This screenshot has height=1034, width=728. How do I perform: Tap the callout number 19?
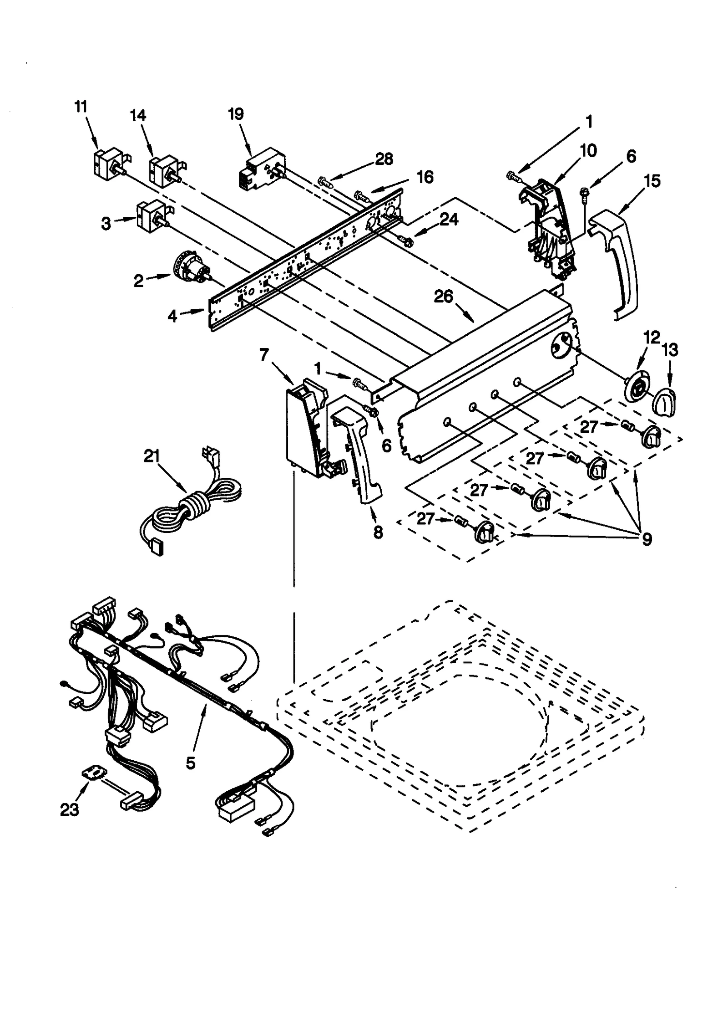click(236, 114)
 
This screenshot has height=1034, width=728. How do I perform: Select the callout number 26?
click(443, 297)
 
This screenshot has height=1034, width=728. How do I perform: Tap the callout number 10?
click(589, 150)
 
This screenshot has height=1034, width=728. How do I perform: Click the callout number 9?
click(647, 539)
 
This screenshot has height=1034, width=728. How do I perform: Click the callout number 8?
click(378, 532)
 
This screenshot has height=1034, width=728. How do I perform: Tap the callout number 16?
click(425, 177)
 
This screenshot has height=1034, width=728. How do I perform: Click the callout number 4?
click(172, 315)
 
